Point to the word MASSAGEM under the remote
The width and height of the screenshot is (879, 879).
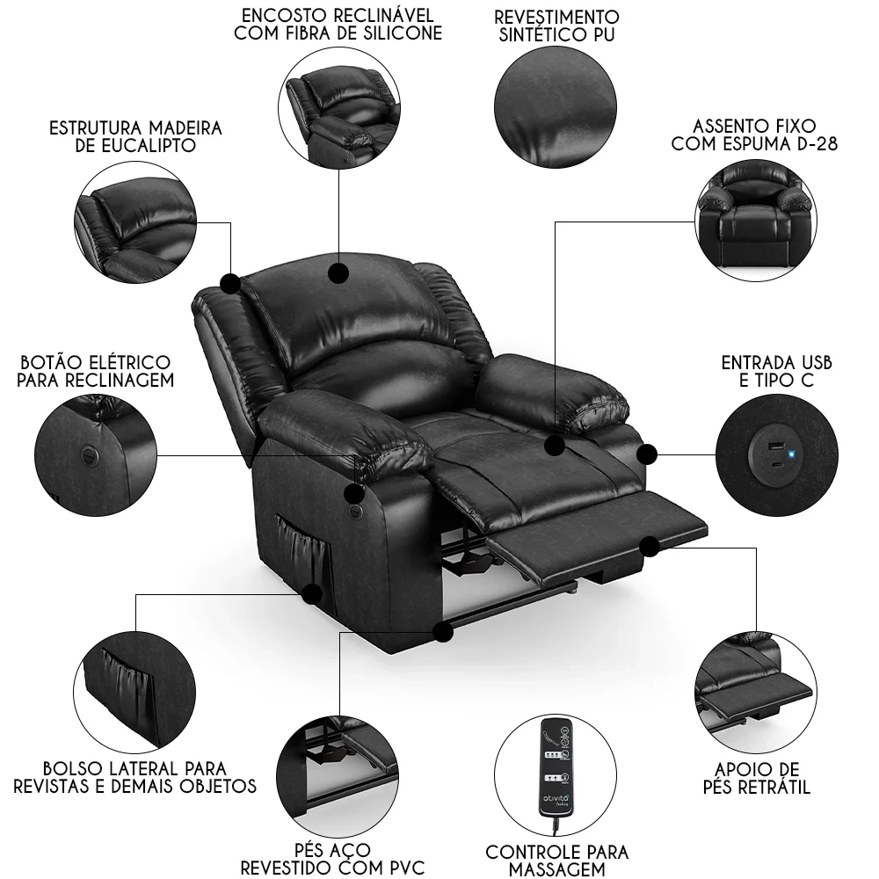pos(557,869)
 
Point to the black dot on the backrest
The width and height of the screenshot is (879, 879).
pos(338,273)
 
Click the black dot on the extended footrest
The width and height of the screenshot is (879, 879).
pos(650,547)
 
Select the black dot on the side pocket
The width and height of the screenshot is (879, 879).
pos(311,594)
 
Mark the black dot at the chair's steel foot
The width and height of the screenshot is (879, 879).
pos(442,630)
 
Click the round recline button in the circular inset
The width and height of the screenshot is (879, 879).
pos(88,454)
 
